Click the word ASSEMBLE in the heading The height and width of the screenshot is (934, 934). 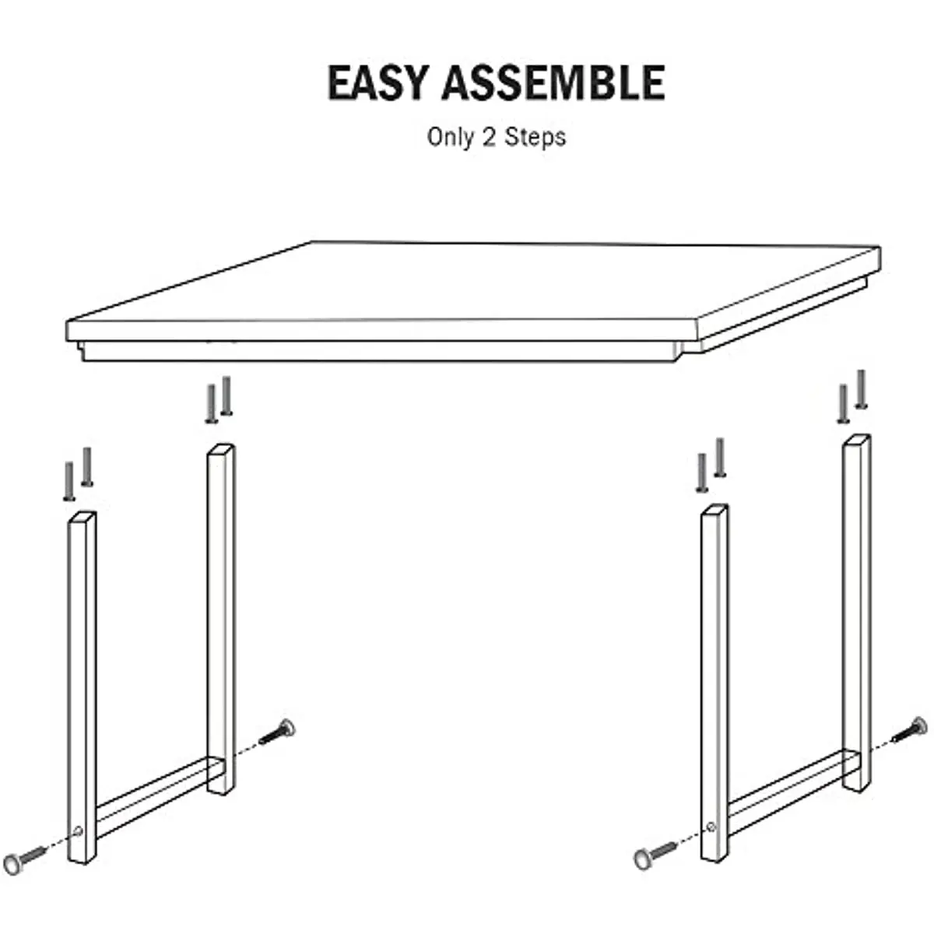pos(553,83)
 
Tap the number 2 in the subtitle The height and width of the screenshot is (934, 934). pos(490,137)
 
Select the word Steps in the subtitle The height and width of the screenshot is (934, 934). pos(535,137)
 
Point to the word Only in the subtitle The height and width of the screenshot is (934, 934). pos(451,137)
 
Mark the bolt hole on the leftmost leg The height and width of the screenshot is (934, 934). pos(78,832)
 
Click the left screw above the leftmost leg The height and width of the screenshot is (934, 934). pos(68,481)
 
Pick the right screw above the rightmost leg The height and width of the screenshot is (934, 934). pos(861,389)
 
